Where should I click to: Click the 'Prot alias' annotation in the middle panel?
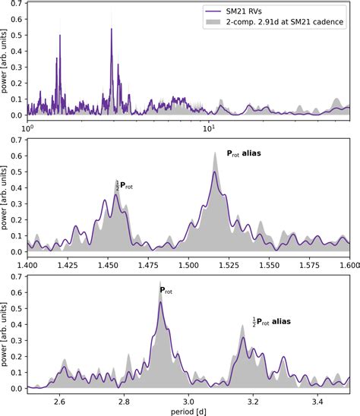pos(254,153)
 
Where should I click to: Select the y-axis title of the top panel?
pos(7,65)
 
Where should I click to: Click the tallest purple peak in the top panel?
pos(112,30)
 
